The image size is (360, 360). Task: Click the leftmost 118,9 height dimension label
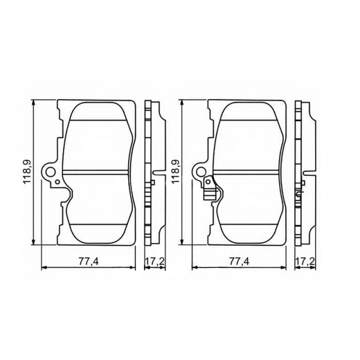pyautogui.click(x=27, y=172)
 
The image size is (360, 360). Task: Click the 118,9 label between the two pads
pyautogui.click(x=175, y=172)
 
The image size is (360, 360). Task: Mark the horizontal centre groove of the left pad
pyautogui.click(x=98, y=171)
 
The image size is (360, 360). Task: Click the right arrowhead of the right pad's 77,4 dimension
pyautogui.click(x=284, y=266)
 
